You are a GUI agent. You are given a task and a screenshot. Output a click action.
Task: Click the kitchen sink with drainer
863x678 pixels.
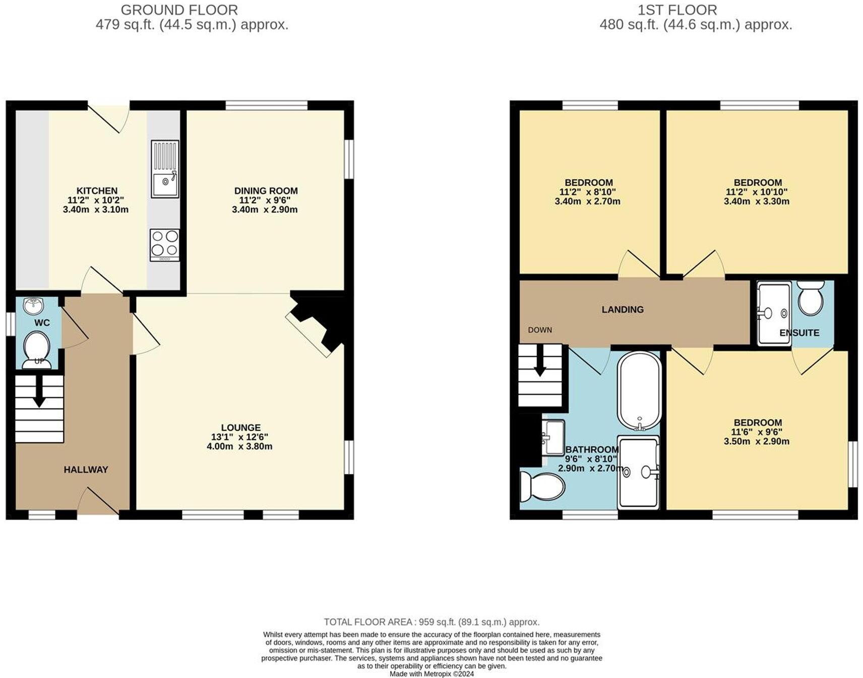165,169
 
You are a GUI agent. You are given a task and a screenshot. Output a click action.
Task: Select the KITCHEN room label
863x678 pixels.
97,191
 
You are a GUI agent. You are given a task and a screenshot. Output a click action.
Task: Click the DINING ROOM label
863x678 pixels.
266,191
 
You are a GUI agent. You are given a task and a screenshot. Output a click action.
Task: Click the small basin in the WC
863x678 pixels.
34,304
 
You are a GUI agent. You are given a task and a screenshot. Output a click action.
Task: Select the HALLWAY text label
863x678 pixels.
86,469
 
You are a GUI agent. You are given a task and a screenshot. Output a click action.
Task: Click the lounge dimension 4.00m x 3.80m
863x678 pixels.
239,446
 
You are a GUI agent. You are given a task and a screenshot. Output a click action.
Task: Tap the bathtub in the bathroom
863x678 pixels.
639,390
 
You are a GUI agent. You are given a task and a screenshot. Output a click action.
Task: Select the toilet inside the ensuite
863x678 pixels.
811,298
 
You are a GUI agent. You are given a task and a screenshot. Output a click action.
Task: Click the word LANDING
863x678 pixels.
623,310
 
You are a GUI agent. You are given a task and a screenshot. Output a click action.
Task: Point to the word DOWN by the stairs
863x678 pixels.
540,330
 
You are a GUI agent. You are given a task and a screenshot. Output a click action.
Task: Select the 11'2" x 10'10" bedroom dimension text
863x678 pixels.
757,192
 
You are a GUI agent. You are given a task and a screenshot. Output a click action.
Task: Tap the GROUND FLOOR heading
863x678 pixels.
179,10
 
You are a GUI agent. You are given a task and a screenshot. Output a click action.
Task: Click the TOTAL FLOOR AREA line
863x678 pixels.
431,622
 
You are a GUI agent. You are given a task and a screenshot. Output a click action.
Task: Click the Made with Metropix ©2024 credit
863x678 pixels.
431,673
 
